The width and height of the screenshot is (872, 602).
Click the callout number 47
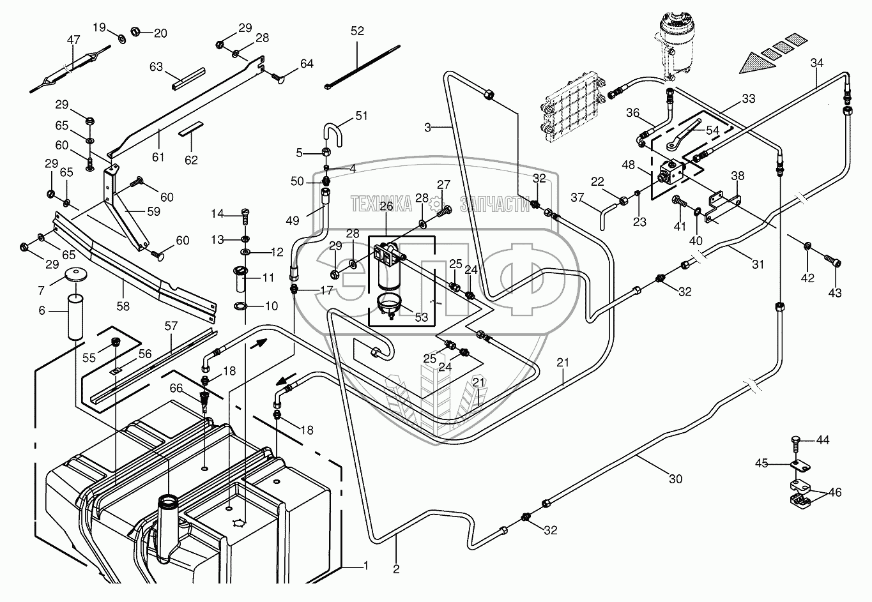73,40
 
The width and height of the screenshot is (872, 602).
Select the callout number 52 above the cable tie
357,31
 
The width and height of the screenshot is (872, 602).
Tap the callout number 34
817,63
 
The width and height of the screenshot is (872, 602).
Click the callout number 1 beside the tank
365,565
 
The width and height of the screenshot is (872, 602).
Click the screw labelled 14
245,214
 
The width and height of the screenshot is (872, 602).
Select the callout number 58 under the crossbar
123,306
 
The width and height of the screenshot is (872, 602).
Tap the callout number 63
157,66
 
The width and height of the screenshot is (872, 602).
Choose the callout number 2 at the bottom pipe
396,569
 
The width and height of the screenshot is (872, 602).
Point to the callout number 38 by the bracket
738,175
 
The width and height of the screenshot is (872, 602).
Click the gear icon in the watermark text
436,204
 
